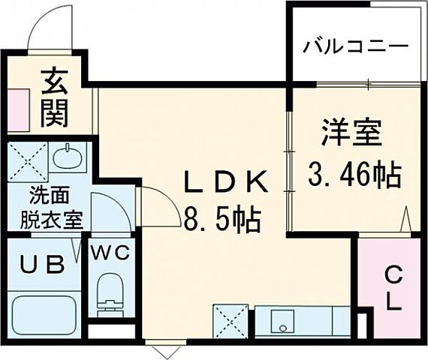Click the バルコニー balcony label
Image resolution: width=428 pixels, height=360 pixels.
pos(356,47)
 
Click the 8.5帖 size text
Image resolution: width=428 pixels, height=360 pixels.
pos(223,220)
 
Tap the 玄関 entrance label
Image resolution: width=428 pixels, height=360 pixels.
pos(53,95)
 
